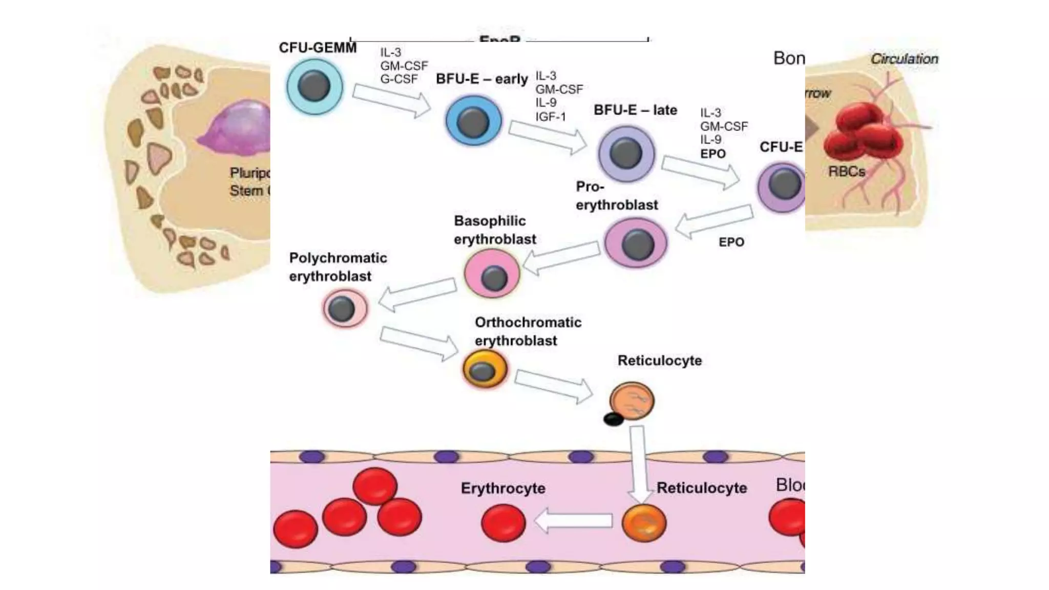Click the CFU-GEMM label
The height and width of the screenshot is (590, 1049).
click(317, 48)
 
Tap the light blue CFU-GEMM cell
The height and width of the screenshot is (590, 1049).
click(314, 86)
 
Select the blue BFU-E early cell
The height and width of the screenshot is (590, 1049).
click(473, 121)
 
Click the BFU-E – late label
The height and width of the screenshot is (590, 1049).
click(635, 110)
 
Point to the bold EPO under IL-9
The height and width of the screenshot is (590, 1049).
click(712, 154)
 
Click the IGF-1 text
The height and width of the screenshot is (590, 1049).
click(551, 117)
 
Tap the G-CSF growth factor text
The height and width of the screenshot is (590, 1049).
click(398, 79)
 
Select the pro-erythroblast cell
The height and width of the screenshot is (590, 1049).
click(636, 243)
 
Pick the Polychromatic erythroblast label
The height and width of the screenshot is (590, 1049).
click(338, 267)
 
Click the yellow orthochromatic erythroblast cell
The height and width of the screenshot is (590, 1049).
click(485, 369)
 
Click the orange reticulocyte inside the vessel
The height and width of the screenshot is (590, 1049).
click(644, 522)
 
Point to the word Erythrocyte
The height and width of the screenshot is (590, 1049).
click(502, 488)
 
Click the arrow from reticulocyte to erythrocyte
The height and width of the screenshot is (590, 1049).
click(574, 521)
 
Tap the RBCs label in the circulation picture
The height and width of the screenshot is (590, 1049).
click(846, 172)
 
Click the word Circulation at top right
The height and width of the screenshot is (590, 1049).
click(904, 59)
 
